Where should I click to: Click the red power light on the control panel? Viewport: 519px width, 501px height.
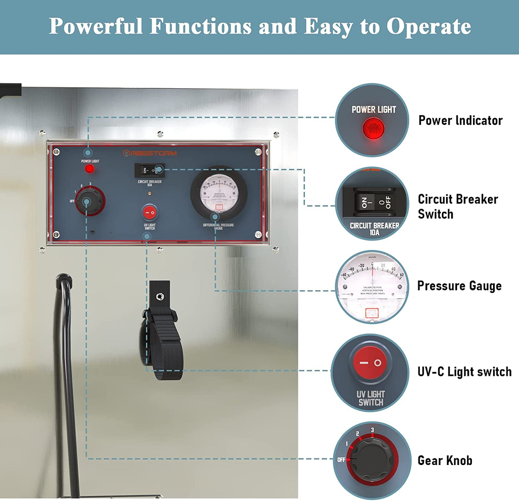tap(89, 169)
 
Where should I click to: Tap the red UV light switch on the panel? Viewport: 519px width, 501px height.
tap(149, 212)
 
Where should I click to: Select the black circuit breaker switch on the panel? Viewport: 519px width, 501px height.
tap(149, 170)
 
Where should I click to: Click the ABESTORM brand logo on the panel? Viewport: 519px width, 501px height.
tap(150, 153)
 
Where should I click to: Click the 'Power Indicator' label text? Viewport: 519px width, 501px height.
tap(460, 121)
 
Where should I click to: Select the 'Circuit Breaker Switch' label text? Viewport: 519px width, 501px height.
tap(457, 207)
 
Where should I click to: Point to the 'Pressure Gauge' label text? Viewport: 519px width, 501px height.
tap(459, 286)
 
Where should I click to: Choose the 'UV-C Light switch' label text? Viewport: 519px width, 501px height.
tap(464, 372)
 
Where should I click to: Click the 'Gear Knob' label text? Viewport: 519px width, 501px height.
tap(445, 461)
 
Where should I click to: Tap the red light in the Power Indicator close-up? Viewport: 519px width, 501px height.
tap(373, 128)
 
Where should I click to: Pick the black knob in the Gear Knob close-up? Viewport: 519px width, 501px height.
tap(371, 460)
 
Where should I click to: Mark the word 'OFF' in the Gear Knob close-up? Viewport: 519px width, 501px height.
tap(341, 460)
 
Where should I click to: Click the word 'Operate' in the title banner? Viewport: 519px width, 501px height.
tap(429, 27)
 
